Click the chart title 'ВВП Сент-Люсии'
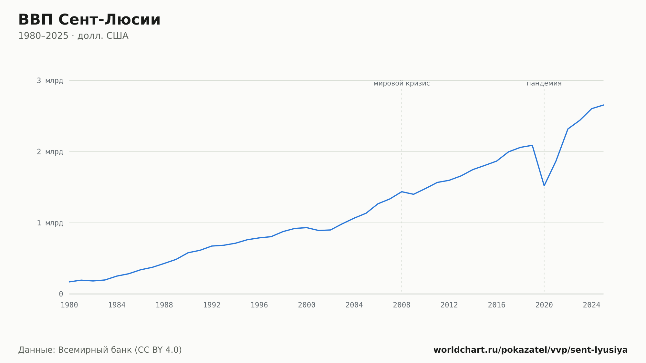click(x=89, y=20)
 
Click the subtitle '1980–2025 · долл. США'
click(x=73, y=36)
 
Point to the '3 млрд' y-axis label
click(x=50, y=81)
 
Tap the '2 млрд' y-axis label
click(x=50, y=152)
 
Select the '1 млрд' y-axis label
click(x=50, y=223)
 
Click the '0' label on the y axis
click(x=61, y=294)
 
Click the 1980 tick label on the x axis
click(x=69, y=305)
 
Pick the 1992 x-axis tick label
click(x=212, y=305)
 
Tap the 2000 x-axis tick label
click(x=307, y=305)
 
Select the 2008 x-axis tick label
click(x=402, y=305)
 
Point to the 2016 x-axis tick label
click(x=497, y=305)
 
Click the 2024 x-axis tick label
click(x=592, y=305)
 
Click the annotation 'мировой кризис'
click(x=402, y=83)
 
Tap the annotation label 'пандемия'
click(x=544, y=83)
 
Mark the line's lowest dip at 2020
click(x=544, y=186)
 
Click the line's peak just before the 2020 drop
click(x=532, y=145)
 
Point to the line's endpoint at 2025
click(x=603, y=105)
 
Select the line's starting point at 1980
click(x=69, y=282)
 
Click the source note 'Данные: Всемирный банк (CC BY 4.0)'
click(x=100, y=350)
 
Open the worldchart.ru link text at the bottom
click(x=531, y=350)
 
